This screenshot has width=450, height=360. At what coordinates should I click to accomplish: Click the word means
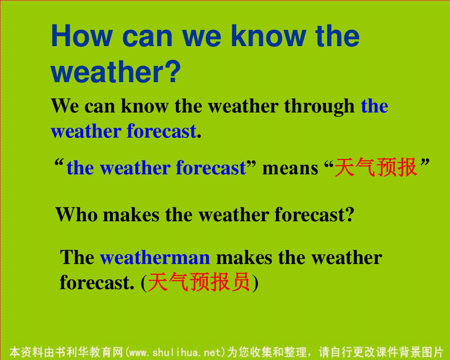(290, 168)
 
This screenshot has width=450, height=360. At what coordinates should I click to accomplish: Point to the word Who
(76, 214)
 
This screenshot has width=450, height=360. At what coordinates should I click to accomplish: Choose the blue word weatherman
(155, 258)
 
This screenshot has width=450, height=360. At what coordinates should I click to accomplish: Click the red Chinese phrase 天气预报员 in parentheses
(199, 282)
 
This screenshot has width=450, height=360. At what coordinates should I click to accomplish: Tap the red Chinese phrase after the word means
(376, 167)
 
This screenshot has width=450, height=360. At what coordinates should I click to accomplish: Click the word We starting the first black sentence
(65, 106)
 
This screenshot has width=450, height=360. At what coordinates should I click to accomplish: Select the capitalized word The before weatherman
(77, 257)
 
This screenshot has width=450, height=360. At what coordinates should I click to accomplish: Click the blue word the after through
(375, 106)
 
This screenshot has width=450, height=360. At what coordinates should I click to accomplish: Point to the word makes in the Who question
(131, 214)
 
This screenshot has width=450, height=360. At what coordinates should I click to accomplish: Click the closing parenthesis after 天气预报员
(255, 283)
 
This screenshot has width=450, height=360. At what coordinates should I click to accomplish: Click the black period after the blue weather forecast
(199, 136)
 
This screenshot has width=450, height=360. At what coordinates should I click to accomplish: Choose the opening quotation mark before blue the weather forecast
(59, 162)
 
